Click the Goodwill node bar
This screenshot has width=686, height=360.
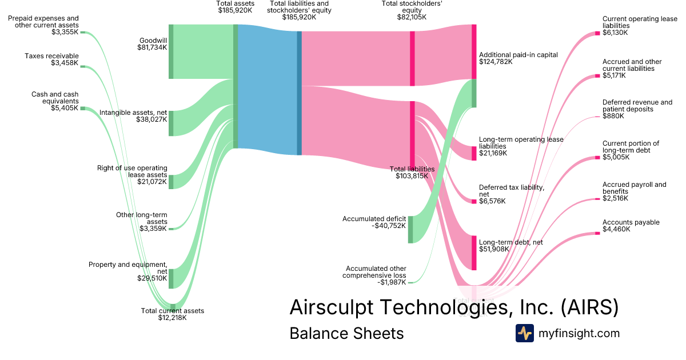pyautogui.click(x=171, y=51)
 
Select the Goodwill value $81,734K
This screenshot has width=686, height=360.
pyautogui.click(x=152, y=48)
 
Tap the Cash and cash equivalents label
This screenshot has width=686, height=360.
pyautogui.click(x=55, y=98)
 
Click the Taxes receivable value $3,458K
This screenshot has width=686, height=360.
pyautogui.click(x=65, y=63)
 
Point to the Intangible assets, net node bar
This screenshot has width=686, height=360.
pyautogui.click(x=171, y=123)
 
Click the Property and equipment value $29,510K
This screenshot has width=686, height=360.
pyautogui.click(x=152, y=278)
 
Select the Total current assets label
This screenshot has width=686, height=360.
pyautogui.click(x=172, y=311)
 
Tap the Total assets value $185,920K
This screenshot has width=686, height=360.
pyautogui.click(x=235, y=10)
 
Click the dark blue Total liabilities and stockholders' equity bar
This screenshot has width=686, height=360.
pyautogui.click(x=299, y=93)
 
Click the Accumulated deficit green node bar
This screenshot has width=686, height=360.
pyautogui.click(x=410, y=229)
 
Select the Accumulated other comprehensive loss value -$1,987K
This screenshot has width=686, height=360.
pyautogui.click(x=392, y=282)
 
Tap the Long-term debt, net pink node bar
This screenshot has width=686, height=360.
pyautogui.click(x=474, y=252)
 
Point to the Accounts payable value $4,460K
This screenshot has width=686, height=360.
pyautogui.click(x=616, y=229)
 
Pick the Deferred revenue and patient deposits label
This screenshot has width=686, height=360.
pyautogui.click(x=637, y=106)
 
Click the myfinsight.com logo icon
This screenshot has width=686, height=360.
pyautogui.click(x=524, y=333)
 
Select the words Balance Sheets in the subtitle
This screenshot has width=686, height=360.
pyautogui.click(x=346, y=333)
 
